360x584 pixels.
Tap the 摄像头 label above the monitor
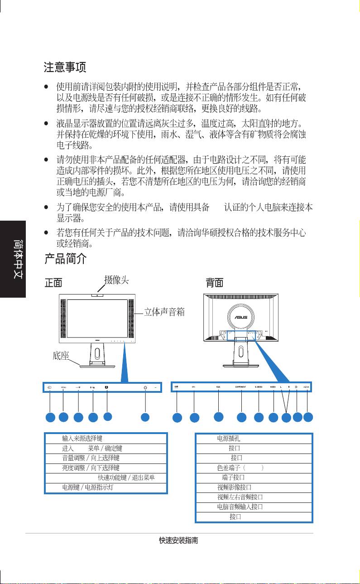pos(116,280)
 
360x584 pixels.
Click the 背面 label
pos(214,283)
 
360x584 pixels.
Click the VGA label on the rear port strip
pos(218,387)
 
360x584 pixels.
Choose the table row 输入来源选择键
pos(106,438)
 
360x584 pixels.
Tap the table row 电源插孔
pos(254,438)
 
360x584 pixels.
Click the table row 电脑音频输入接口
pos(254,507)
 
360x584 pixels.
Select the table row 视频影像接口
pos(254,487)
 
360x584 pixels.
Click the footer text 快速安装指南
pos(180,541)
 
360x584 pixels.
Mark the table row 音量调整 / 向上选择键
pos(106,458)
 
